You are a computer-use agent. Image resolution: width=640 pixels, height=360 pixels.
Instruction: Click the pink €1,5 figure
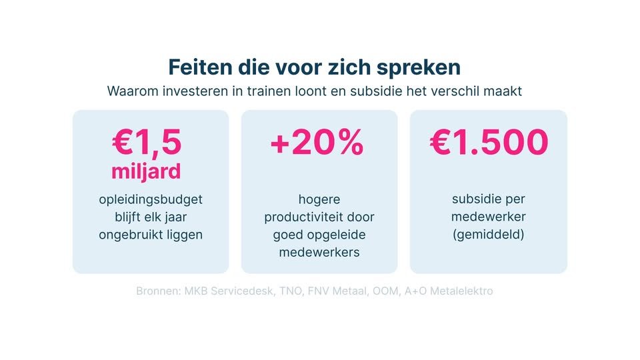point(147,143)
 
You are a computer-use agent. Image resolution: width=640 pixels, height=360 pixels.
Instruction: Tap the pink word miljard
point(146,171)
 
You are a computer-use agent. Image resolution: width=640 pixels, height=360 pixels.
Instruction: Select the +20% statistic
point(317,143)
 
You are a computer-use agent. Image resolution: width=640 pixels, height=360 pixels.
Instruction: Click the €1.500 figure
point(489,143)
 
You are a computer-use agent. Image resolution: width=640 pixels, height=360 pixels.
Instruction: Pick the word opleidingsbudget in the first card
point(150,199)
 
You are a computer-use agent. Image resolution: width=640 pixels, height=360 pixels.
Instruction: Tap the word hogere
point(319,199)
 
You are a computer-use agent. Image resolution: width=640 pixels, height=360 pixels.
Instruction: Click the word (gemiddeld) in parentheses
point(489,234)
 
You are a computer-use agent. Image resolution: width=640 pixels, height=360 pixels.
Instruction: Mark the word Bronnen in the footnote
point(158,291)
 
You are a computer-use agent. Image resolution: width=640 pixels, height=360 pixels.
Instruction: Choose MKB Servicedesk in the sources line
point(228,291)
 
